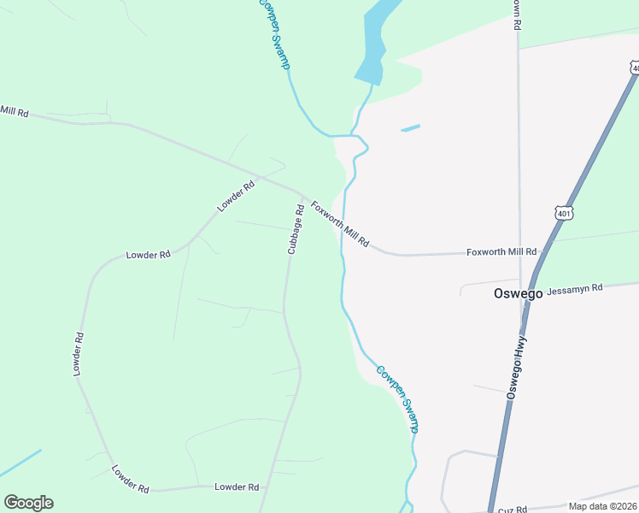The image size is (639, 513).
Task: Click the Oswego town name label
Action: point(519,293)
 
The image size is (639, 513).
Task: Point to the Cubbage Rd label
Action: point(296,229)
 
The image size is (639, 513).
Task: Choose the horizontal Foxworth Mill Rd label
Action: point(501,252)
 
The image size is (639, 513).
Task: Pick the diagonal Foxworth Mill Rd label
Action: point(339,224)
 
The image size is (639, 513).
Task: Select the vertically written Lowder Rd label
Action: point(78,354)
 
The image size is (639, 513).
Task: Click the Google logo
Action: point(28,503)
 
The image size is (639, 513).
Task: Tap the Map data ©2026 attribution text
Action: point(602,506)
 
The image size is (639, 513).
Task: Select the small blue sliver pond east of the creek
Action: point(410,128)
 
